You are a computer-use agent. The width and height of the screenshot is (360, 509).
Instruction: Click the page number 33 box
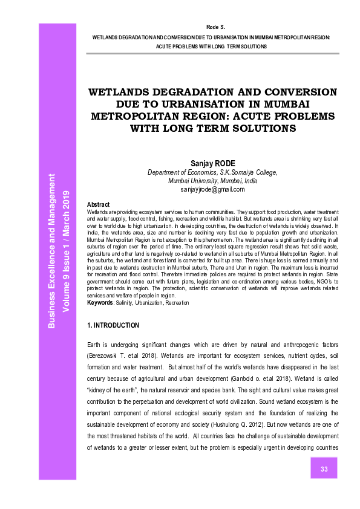324,469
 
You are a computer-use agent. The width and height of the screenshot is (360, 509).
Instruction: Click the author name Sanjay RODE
212,163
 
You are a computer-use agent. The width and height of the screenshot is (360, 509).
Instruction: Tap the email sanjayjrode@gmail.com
212,189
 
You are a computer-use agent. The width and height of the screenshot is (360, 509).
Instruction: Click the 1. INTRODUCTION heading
114,325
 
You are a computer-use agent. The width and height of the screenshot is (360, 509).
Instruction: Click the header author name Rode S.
215,28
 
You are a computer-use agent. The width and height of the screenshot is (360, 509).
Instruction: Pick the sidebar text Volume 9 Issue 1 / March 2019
67,251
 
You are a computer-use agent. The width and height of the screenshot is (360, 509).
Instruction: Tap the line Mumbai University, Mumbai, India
212,181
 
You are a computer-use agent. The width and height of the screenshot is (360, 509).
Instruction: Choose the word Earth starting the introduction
96,344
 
